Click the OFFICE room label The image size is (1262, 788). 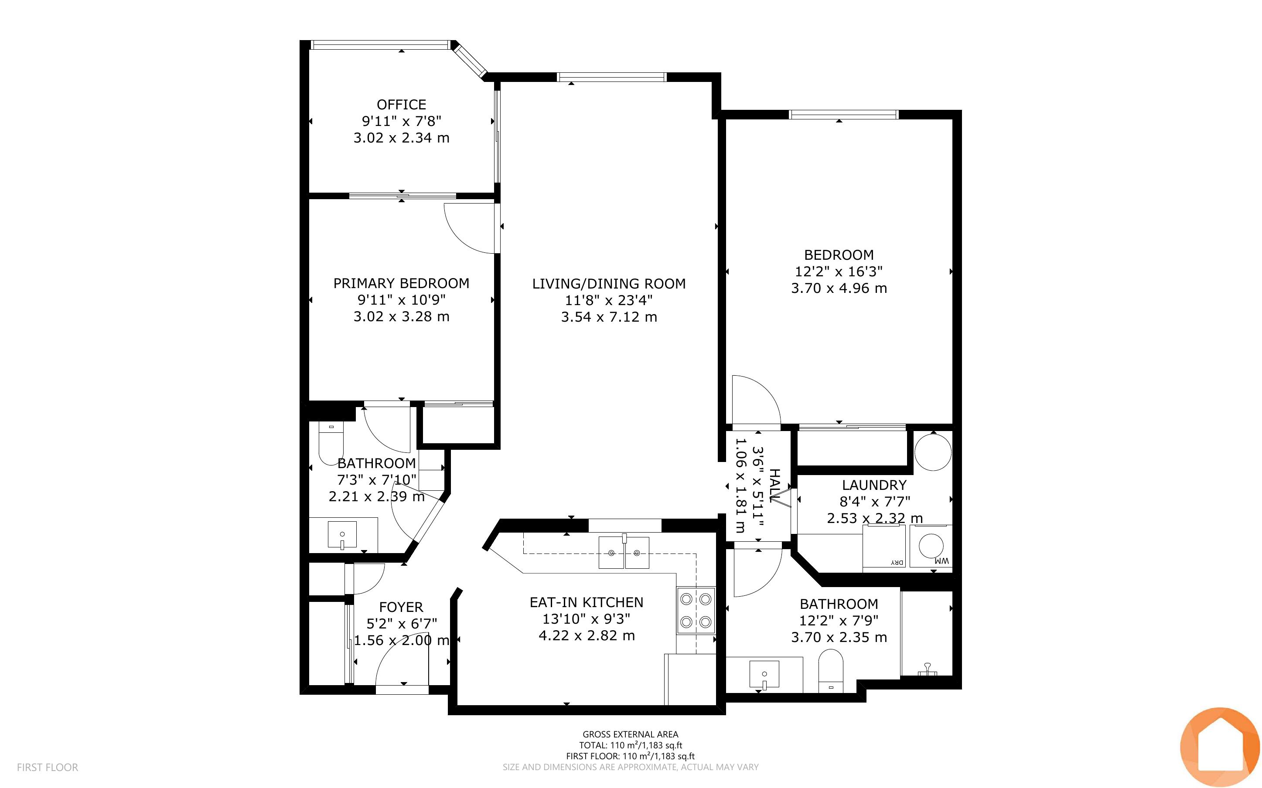[401, 104]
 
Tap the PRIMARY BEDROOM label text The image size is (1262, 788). [401, 283]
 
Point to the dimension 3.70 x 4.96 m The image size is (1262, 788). [839, 288]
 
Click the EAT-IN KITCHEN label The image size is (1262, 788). [587, 602]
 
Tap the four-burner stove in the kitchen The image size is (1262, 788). [696, 610]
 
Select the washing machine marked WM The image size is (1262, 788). [931, 546]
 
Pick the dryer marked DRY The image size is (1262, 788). [884, 546]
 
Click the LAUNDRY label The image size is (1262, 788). [874, 485]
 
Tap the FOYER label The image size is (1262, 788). [401, 607]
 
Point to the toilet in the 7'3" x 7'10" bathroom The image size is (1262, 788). [331, 444]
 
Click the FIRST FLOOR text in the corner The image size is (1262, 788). [48, 767]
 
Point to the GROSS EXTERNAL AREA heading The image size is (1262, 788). [630, 734]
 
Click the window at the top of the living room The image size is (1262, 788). [611, 77]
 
